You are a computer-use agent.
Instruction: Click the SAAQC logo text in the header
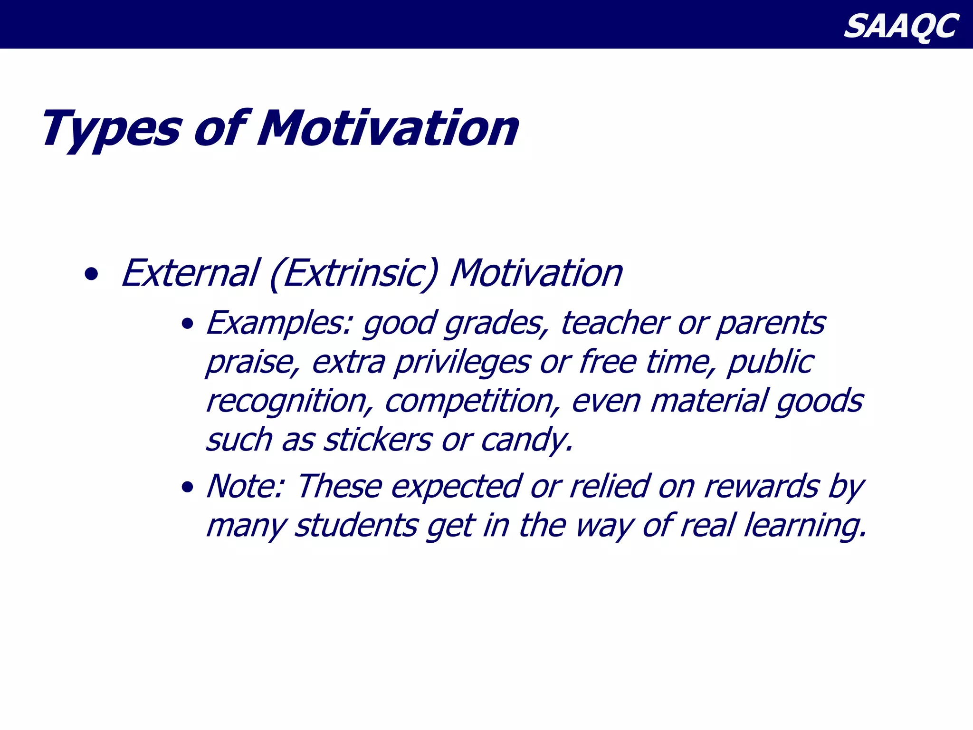901,26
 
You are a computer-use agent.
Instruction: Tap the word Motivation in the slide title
387,128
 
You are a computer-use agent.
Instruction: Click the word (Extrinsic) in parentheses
353,275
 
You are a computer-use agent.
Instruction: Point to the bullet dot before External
91,275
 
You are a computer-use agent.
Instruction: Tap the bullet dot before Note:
188,488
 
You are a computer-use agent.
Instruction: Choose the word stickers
378,440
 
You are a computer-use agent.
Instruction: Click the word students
356,526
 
